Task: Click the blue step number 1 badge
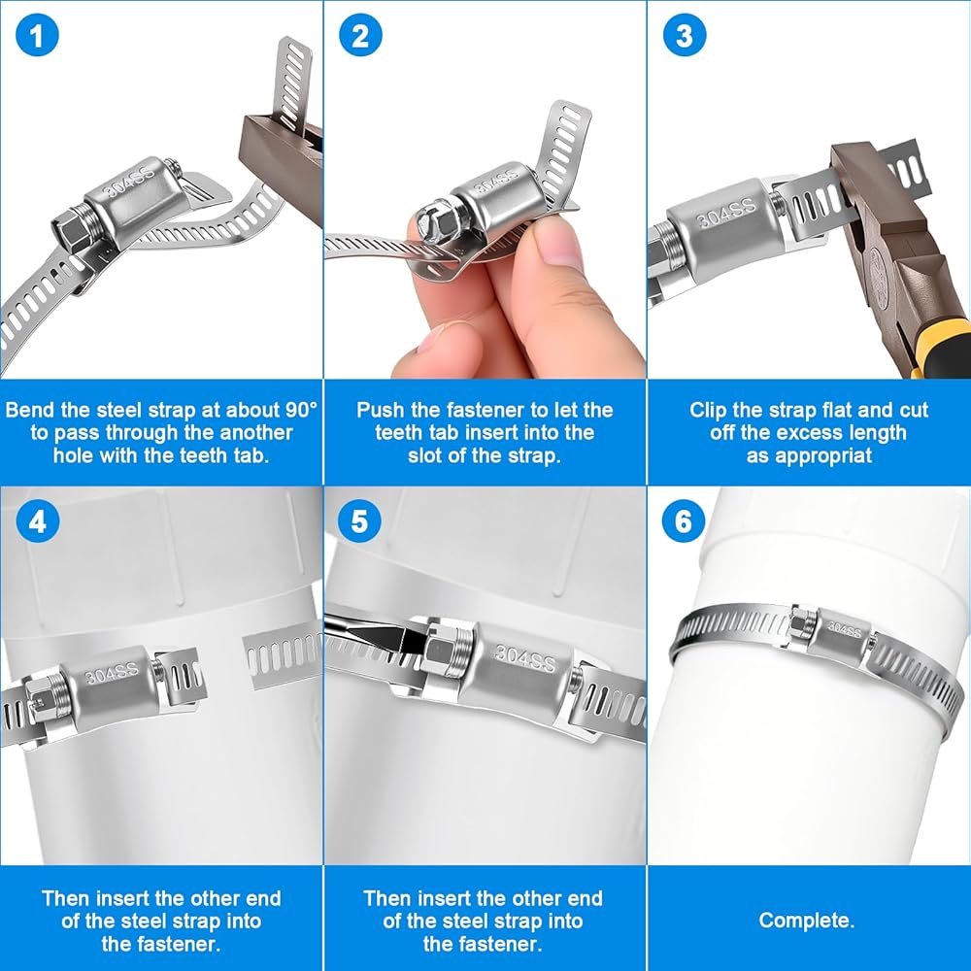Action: (37, 35)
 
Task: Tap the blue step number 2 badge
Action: (360, 35)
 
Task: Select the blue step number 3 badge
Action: (684, 35)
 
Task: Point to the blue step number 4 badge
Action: (37, 521)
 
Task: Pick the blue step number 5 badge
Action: (360, 521)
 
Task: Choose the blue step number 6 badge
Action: (683, 521)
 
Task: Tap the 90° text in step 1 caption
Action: (301, 410)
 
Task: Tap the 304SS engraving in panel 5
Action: (525, 657)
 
